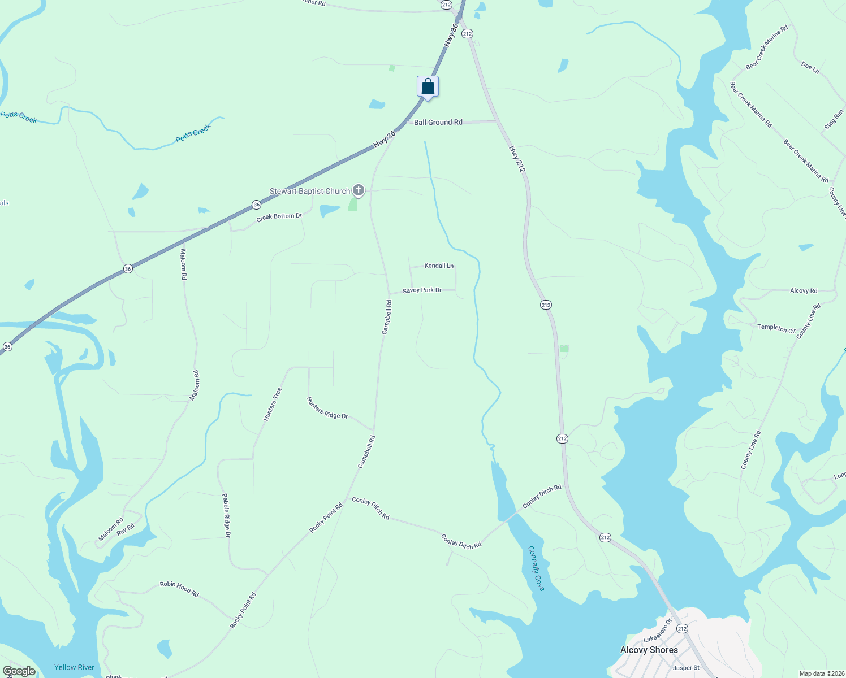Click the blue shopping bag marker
pos(428,87)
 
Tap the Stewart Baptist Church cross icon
pos(358,190)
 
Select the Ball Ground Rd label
pos(438,122)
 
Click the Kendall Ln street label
pos(439,266)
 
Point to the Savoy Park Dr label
pos(422,290)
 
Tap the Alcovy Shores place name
pos(649,650)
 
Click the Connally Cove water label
pos(536,568)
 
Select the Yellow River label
pos(74,667)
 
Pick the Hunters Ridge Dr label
pos(327,408)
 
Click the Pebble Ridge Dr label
pos(226,515)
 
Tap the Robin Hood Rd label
pos(179,589)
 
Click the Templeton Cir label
pos(776,328)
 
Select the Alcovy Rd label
pos(804,291)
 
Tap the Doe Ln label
pos(810,68)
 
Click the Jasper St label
pos(686,668)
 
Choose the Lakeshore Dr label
pos(658,631)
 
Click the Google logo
pos(19,671)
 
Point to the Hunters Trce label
pos(273,404)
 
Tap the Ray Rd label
pos(126,529)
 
